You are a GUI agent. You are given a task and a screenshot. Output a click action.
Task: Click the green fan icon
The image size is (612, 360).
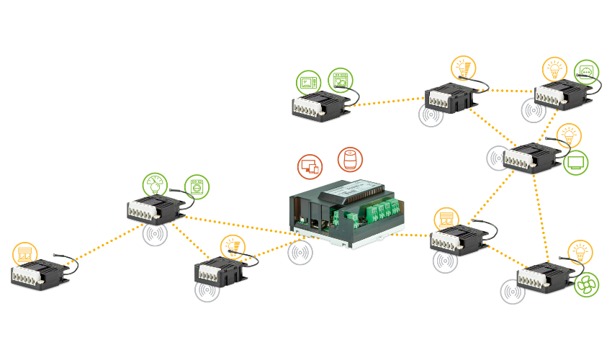coord(586,285)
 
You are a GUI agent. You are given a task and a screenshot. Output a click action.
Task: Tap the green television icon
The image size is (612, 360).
coord(575,163)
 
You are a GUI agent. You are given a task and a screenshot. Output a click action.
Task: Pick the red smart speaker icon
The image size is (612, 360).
coord(350,160)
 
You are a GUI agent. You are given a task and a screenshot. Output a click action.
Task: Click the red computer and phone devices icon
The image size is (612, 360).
coord(310,166)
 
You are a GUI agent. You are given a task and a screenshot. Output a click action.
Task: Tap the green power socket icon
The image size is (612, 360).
coord(586,72)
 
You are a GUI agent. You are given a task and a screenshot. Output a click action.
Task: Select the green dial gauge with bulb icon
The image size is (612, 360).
coord(154,184)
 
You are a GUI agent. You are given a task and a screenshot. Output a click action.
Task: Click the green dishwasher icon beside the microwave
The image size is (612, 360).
coord(340,81)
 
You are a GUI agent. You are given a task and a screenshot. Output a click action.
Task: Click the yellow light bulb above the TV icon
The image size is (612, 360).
coord(569,135)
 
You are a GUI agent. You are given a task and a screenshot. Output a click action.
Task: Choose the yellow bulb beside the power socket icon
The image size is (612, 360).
coord(554,70)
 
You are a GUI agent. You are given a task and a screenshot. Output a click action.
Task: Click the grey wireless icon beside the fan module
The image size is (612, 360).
coord(513,292)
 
